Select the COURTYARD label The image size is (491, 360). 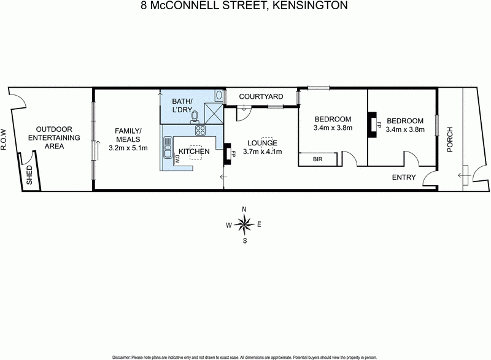[260, 96]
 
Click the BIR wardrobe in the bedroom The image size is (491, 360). [318, 159]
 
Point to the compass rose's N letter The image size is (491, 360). [244, 210]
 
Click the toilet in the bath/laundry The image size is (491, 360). [195, 117]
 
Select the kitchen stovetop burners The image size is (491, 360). [200, 130]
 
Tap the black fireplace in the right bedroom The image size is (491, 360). [371, 123]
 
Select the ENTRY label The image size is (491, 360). [404, 178]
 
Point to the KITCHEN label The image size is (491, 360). [194, 151]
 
